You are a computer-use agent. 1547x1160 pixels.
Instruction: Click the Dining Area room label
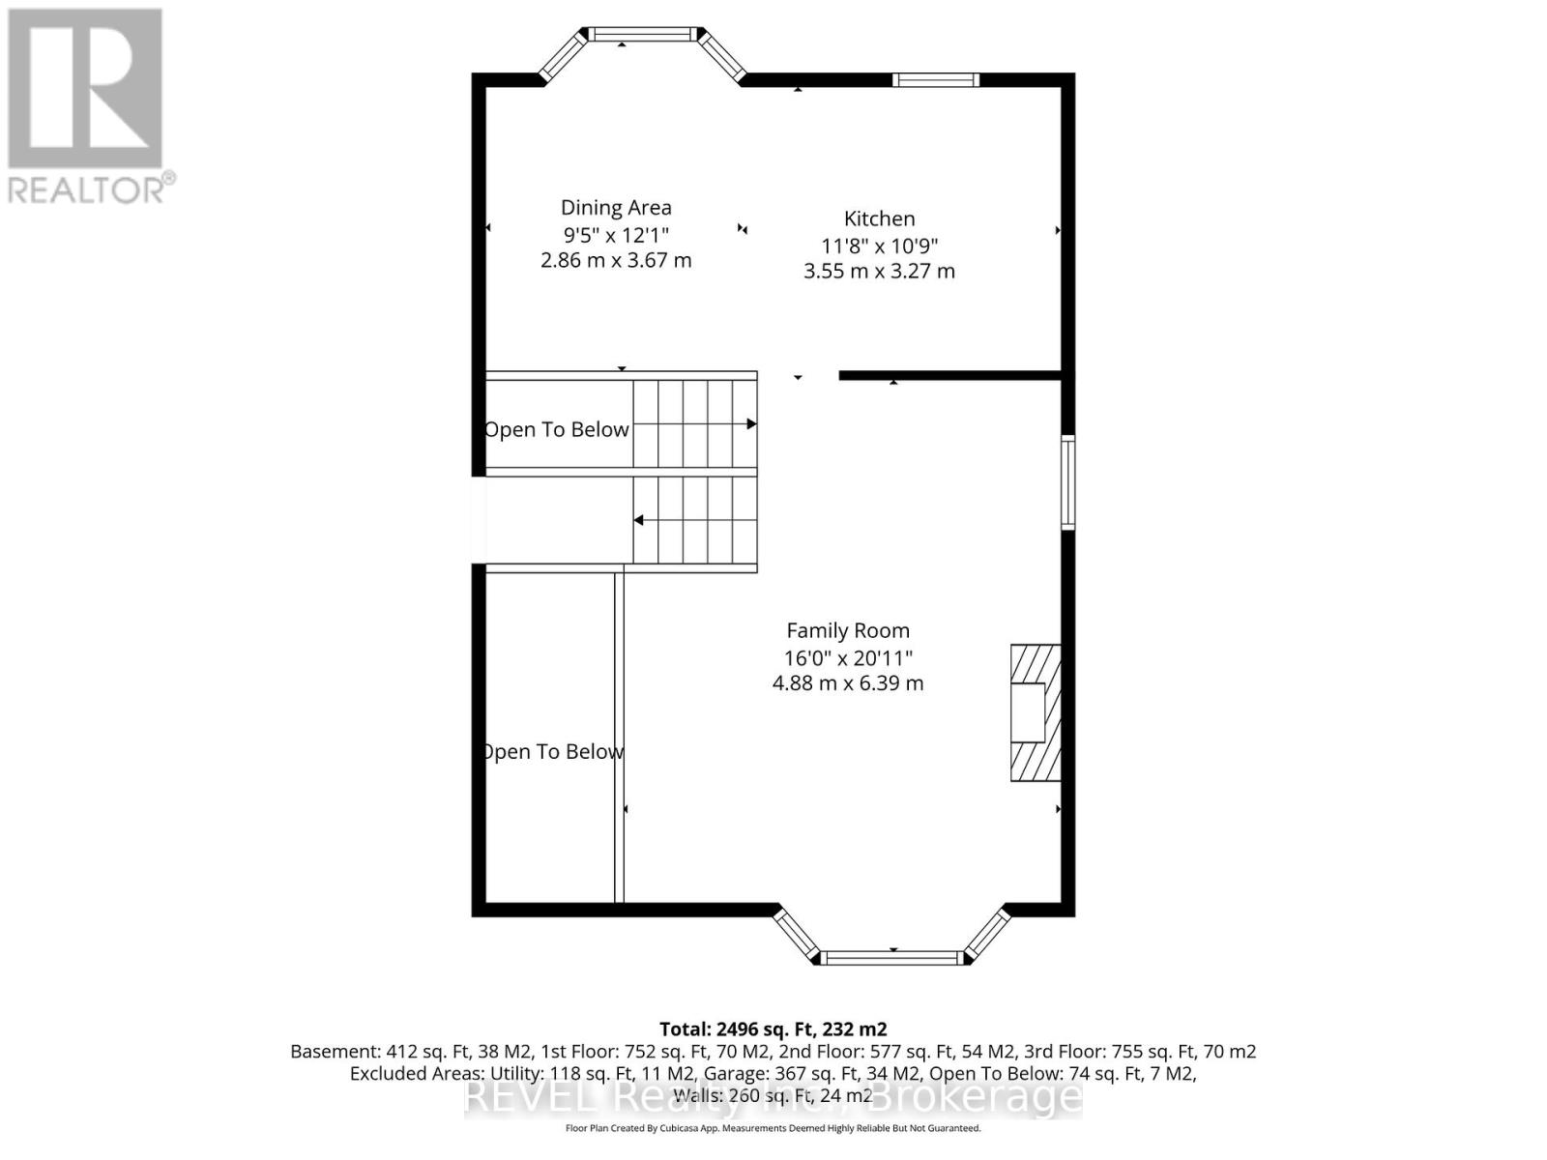pyautogui.click(x=616, y=207)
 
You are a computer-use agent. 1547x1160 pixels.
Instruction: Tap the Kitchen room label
pyautogui.click(x=879, y=218)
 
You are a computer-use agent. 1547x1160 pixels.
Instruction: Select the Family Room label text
pyautogui.click(x=848, y=630)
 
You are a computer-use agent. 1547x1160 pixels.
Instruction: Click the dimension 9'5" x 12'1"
pyautogui.click(x=616, y=234)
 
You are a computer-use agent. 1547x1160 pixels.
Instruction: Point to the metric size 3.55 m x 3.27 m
pyautogui.click(x=879, y=272)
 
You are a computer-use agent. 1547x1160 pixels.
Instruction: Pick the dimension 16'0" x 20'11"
pyautogui.click(x=848, y=657)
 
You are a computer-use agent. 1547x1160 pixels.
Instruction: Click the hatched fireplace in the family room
pyautogui.click(x=1036, y=712)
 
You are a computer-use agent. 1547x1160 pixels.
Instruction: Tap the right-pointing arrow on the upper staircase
pyautogui.click(x=750, y=424)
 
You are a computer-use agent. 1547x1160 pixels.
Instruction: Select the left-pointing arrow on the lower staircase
pyautogui.click(x=640, y=520)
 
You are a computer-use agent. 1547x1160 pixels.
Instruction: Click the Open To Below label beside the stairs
pyautogui.click(x=557, y=429)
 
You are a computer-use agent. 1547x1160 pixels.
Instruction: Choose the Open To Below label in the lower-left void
pyautogui.click(x=552, y=751)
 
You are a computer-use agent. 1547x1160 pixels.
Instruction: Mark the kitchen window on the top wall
pyautogui.click(x=935, y=80)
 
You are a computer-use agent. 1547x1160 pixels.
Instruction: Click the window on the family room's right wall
pyautogui.click(x=1067, y=481)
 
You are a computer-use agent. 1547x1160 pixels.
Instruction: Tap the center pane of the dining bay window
pyautogui.click(x=642, y=35)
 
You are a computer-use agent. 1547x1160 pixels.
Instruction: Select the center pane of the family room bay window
pyautogui.click(x=892, y=958)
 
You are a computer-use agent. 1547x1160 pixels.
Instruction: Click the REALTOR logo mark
pyautogui.click(x=85, y=89)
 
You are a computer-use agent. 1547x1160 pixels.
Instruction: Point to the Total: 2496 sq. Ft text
pyautogui.click(x=773, y=1029)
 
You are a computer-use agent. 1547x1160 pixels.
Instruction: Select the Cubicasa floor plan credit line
pyautogui.click(x=773, y=1128)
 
